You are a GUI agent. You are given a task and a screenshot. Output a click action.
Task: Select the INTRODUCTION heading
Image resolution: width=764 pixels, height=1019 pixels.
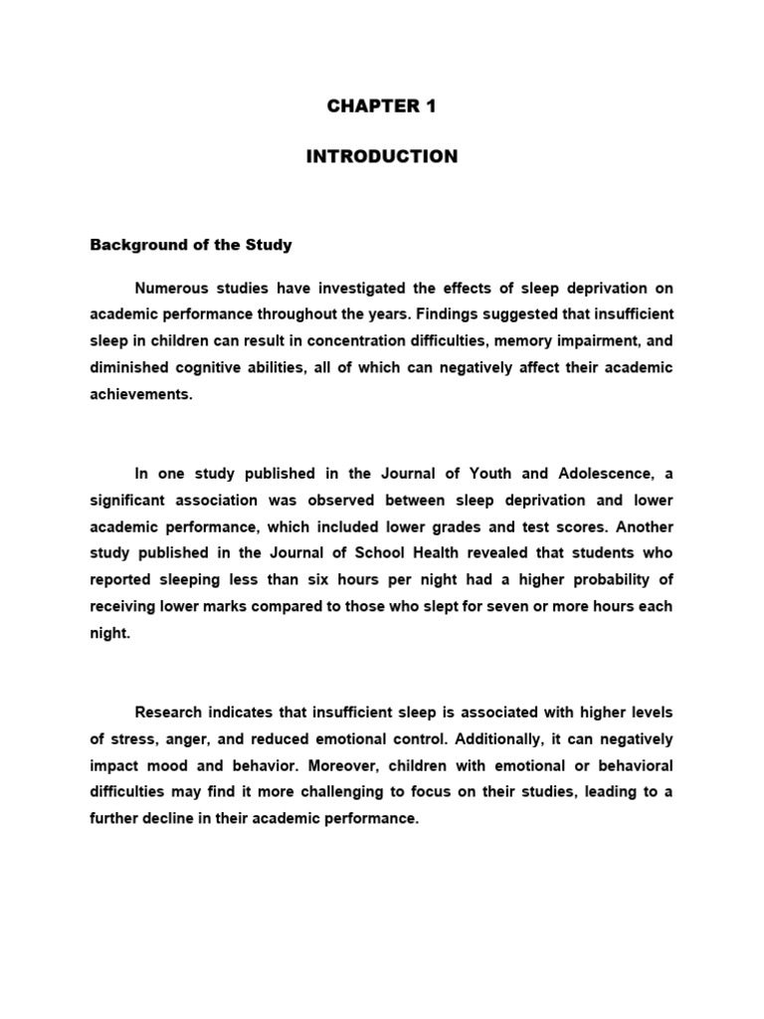click(382, 157)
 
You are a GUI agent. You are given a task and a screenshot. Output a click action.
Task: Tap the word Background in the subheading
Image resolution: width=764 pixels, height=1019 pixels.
click(133, 244)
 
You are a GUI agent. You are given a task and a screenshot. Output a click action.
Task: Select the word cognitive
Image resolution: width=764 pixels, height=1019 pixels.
click(214, 367)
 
